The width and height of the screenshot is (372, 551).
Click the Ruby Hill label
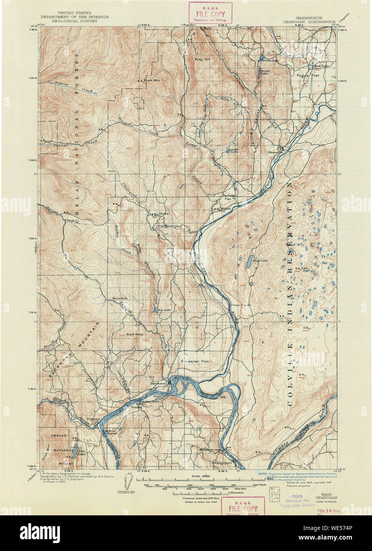click(202, 59)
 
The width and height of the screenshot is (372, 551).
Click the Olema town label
click(164, 214)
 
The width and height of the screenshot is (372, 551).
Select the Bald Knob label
click(135, 334)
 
